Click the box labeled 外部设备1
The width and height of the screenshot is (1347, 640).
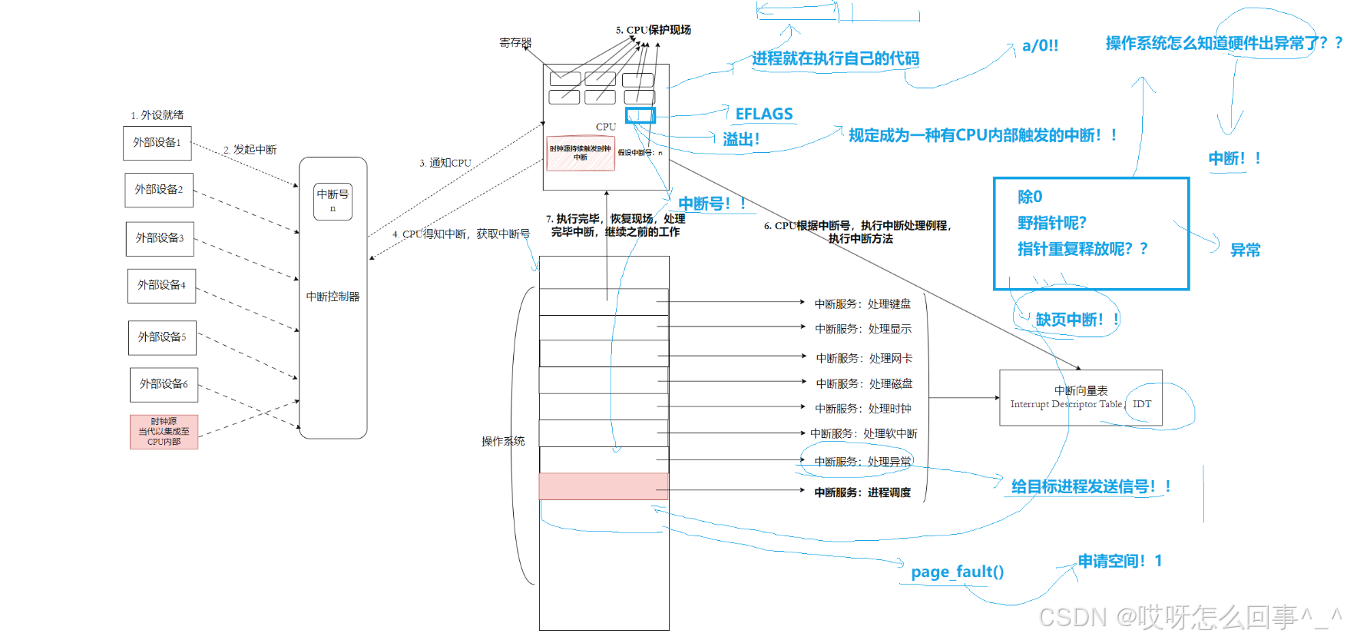pyautogui.click(x=157, y=143)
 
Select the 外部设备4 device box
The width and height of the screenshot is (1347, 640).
pyautogui.click(x=161, y=286)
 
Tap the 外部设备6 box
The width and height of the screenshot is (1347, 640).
pyautogui.click(x=164, y=384)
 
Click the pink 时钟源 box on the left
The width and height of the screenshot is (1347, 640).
pyautogui.click(x=164, y=432)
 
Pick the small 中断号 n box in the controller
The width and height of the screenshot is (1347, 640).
pyautogui.click(x=333, y=201)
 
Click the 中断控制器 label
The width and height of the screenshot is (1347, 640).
pyautogui.click(x=333, y=297)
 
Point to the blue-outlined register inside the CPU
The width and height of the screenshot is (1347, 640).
pyautogui.click(x=640, y=115)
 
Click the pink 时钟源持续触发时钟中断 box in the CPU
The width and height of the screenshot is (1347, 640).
pyautogui.click(x=580, y=153)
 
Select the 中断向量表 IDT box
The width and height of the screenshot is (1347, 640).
pyautogui.click(x=1080, y=397)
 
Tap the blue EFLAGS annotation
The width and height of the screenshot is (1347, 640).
pyautogui.click(x=763, y=114)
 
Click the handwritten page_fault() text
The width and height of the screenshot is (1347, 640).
pyautogui.click(x=957, y=572)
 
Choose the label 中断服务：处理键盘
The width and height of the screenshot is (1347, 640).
pyautogui.click(x=862, y=304)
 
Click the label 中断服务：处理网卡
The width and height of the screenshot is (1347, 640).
pyautogui.click(x=864, y=359)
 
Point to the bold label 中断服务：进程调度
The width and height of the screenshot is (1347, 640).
pyautogui.click(x=862, y=492)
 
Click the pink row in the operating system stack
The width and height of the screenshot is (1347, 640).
pyautogui.click(x=604, y=486)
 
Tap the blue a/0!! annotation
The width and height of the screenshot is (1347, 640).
pyautogui.click(x=1040, y=46)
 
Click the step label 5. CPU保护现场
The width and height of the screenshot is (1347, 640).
pyautogui.click(x=653, y=30)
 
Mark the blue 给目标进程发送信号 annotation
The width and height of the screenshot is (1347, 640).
pyautogui.click(x=1090, y=486)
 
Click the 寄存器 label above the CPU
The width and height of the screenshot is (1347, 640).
pyautogui.click(x=515, y=43)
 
